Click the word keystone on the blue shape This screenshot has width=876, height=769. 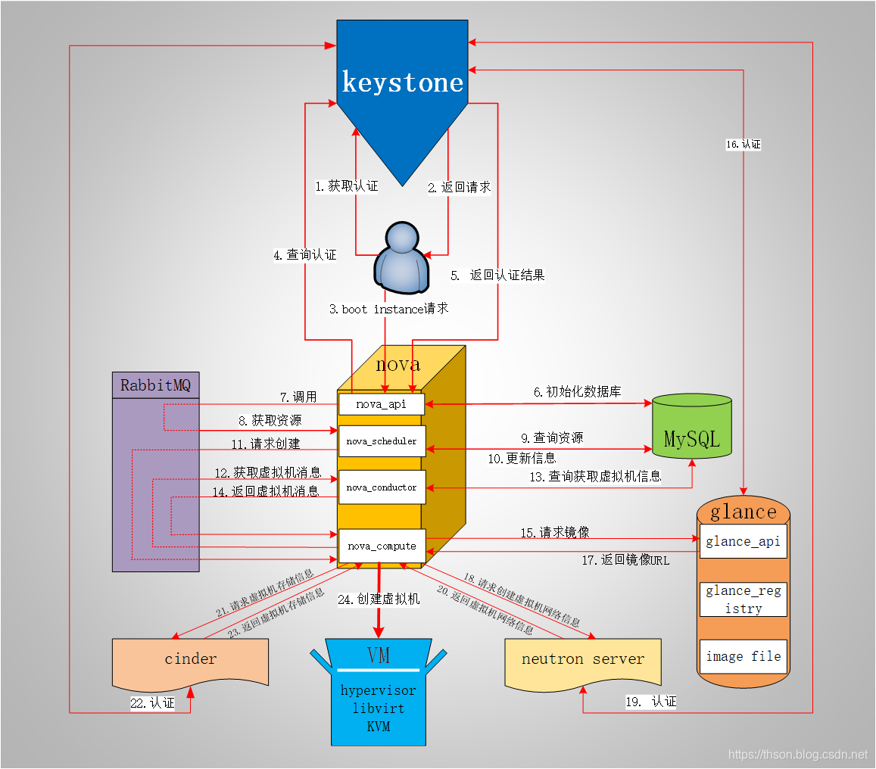[403, 82]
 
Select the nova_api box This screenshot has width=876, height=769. [382, 404]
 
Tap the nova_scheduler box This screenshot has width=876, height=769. [382, 441]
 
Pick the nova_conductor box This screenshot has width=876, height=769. [382, 487]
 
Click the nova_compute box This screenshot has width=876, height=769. [382, 546]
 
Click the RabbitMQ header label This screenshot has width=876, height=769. [155, 385]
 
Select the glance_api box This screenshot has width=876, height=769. [743, 541]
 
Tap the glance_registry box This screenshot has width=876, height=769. [743, 599]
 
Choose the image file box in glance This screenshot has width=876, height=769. [743, 656]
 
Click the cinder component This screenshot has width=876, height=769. [190, 658]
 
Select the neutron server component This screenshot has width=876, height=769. [582, 658]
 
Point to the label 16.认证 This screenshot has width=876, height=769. [743, 144]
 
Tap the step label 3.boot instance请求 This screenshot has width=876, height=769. [388, 309]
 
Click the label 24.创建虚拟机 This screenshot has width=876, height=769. [379, 599]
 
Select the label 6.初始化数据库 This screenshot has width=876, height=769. [577, 391]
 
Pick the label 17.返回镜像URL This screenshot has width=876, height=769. [625, 560]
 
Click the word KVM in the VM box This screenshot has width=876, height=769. [378, 725]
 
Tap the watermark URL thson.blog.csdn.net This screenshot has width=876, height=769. [797, 754]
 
